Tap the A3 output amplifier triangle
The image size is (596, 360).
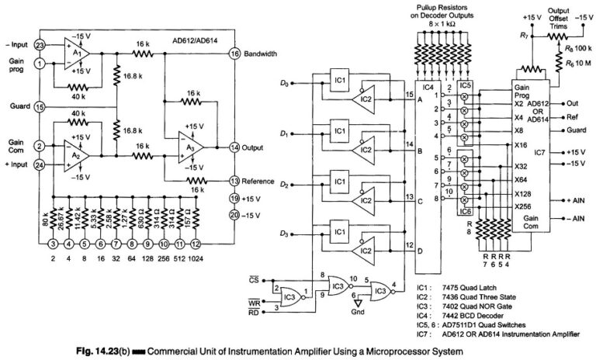click(x=191, y=147)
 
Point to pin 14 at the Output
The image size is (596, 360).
click(x=234, y=147)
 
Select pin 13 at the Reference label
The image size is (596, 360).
click(x=234, y=180)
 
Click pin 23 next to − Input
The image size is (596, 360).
click(x=39, y=45)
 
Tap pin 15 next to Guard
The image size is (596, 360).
click(x=39, y=106)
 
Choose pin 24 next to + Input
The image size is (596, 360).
click(x=39, y=164)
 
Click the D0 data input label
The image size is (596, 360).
click(x=285, y=82)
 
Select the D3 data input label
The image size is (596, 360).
click(x=285, y=234)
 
